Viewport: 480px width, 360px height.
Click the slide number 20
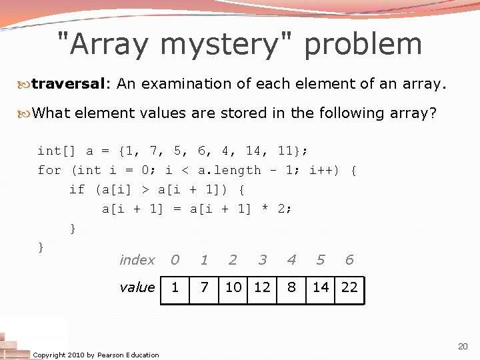[x=463, y=346]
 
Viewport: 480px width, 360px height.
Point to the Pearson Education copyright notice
[x=96, y=355]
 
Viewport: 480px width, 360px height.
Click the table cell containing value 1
[x=175, y=287]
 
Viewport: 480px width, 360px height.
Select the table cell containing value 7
[x=205, y=287]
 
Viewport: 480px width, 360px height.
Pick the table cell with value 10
[x=233, y=287]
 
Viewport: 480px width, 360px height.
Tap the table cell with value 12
[x=263, y=287]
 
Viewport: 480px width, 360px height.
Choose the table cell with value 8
[x=291, y=287]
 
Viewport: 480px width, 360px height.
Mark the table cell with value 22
[x=349, y=287]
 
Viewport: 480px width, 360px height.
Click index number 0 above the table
[x=175, y=260]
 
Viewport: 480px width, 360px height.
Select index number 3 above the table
[x=263, y=260]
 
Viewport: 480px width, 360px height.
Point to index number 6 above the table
[x=349, y=260]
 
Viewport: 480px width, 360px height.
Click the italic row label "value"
[x=137, y=287]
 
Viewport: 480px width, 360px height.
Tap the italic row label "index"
[x=137, y=260]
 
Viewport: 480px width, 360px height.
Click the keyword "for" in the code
[x=49, y=170]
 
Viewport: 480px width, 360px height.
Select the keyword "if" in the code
[x=77, y=189]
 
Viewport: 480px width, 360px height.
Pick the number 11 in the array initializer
[x=284, y=151]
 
